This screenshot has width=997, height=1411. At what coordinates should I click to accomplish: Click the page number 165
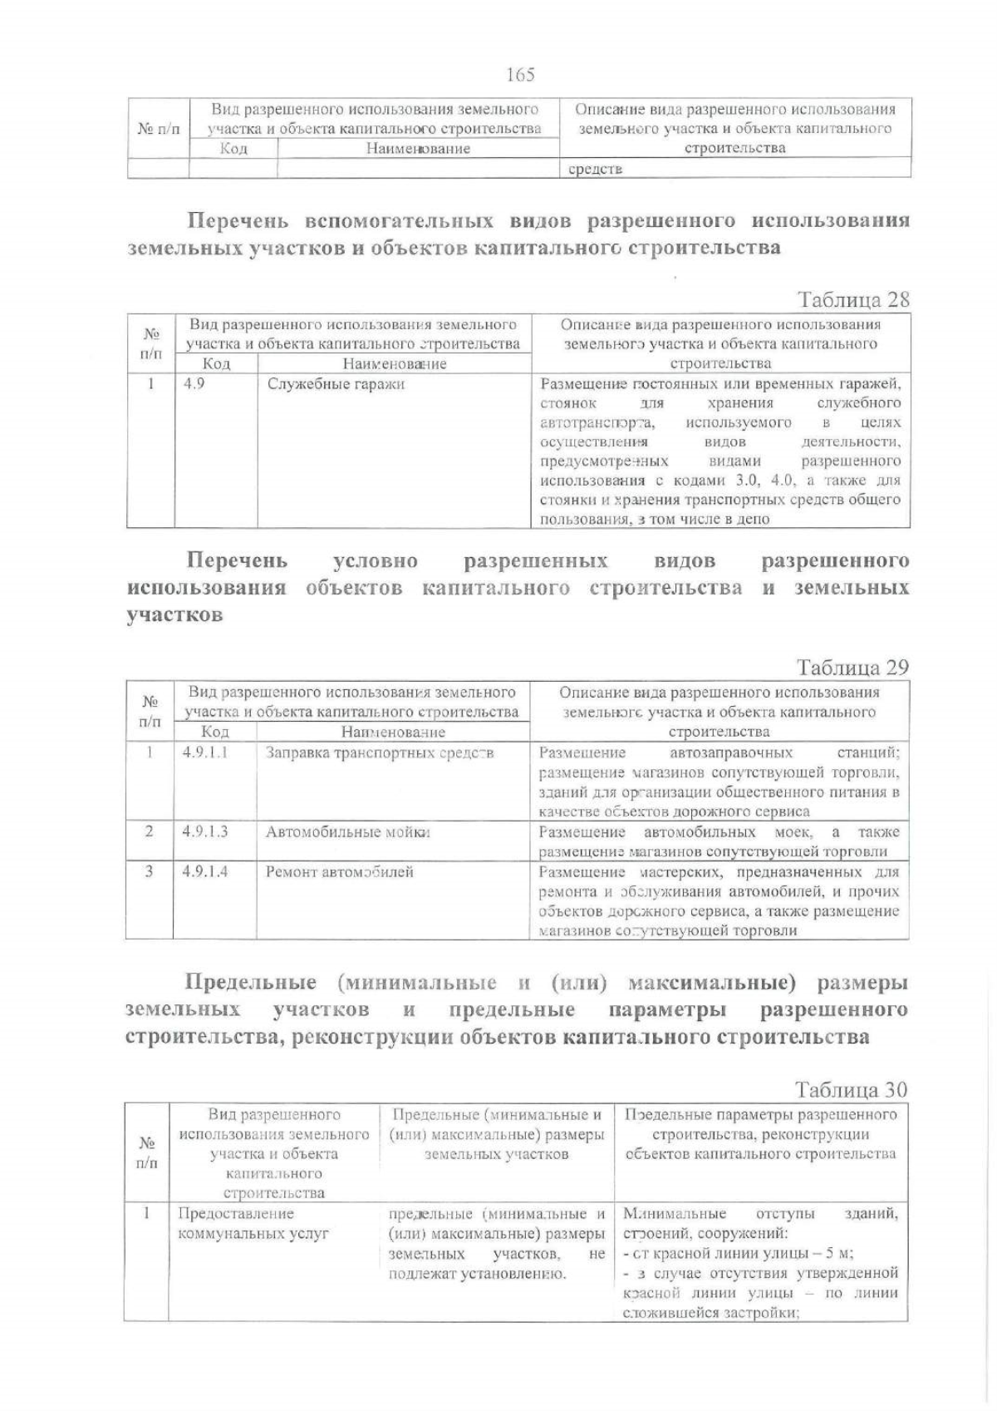pyautogui.click(x=520, y=75)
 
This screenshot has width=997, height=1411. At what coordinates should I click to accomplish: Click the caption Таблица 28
pyautogui.click(x=853, y=299)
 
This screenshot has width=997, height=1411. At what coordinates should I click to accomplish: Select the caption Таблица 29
pyautogui.click(x=852, y=667)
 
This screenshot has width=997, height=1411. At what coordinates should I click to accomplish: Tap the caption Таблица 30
pyautogui.click(x=852, y=1089)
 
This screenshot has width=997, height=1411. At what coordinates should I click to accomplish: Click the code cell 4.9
pyautogui.click(x=194, y=385)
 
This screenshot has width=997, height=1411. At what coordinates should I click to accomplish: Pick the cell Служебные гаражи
pyautogui.click(x=336, y=385)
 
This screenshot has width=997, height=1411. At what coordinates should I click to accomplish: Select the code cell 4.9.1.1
pyautogui.click(x=205, y=752)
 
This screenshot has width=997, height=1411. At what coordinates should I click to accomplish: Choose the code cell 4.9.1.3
pyautogui.click(x=205, y=831)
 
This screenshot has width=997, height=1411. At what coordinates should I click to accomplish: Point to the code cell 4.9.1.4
pyautogui.click(x=205, y=871)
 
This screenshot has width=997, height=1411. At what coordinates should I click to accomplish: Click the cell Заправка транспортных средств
pyautogui.click(x=380, y=753)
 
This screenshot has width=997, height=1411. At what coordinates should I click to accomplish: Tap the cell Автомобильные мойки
pyautogui.click(x=348, y=831)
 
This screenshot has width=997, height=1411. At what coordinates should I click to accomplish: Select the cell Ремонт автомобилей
pyautogui.click(x=340, y=872)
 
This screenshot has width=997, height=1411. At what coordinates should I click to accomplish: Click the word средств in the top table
pyautogui.click(x=595, y=170)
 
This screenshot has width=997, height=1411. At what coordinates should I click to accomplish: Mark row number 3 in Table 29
pyautogui.click(x=149, y=871)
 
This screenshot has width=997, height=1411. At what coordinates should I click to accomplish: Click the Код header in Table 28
pyautogui.click(x=216, y=364)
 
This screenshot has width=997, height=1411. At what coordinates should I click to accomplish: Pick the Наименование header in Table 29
pyautogui.click(x=393, y=733)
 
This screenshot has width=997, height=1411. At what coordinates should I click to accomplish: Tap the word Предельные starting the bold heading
pyautogui.click(x=251, y=983)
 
